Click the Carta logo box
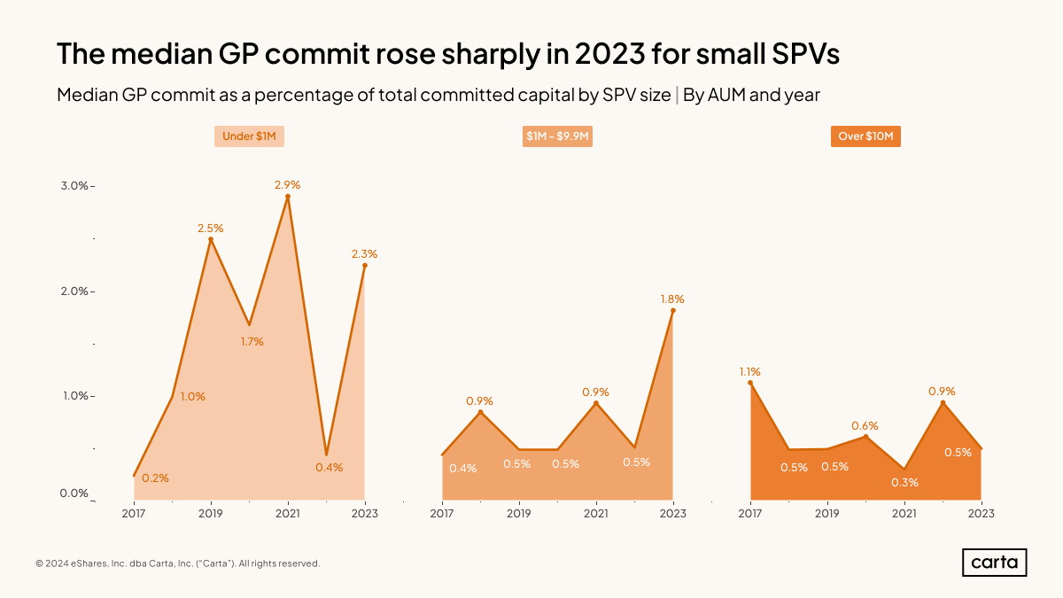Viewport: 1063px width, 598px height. pyautogui.click(x=994, y=563)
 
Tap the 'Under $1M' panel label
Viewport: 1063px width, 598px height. pyautogui.click(x=249, y=137)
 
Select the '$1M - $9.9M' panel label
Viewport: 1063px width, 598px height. pyautogui.click(x=557, y=137)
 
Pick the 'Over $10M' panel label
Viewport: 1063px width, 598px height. pyautogui.click(x=865, y=137)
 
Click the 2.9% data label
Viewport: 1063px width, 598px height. pyautogui.click(x=288, y=185)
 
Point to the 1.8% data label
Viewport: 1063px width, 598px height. pyautogui.click(x=672, y=299)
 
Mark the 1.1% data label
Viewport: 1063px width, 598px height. pyautogui.click(x=750, y=372)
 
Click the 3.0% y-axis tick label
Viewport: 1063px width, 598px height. pyautogui.click(x=74, y=186)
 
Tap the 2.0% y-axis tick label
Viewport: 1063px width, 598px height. pyautogui.click(x=74, y=291)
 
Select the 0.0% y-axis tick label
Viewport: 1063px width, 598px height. pyautogui.click(x=74, y=493)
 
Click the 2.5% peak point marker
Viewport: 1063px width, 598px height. pyautogui.click(x=211, y=239)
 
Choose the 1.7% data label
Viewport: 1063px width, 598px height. pyautogui.click(x=252, y=342)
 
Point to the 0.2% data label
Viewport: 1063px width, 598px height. pyautogui.click(x=156, y=478)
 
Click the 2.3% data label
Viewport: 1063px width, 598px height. pyautogui.click(x=365, y=254)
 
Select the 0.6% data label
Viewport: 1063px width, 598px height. pyautogui.click(x=865, y=426)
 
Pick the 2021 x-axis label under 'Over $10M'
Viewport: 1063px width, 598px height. pyautogui.click(x=904, y=514)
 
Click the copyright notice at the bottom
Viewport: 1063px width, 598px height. pyautogui.click(x=177, y=563)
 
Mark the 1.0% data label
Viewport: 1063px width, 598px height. pyautogui.click(x=192, y=397)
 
